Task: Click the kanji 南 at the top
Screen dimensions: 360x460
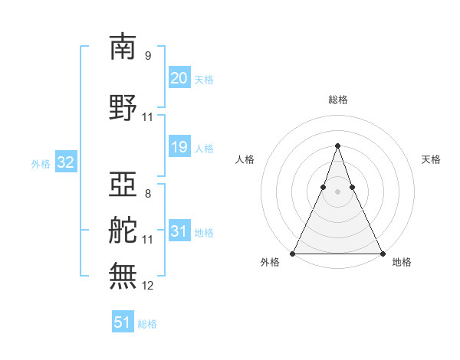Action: (123, 47)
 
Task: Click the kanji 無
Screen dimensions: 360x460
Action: (123, 277)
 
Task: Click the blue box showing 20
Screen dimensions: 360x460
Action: (179, 78)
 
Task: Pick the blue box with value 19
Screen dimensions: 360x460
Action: (179, 148)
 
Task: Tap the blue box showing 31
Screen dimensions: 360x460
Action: (179, 232)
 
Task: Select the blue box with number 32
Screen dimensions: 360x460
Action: (65, 162)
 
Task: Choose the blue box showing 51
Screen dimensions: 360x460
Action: (123, 322)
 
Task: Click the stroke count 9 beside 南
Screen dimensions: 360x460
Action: (148, 56)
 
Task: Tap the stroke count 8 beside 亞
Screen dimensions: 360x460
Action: (148, 194)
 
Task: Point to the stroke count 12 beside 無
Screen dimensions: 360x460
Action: (148, 286)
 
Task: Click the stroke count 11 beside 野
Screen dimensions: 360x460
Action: (148, 117)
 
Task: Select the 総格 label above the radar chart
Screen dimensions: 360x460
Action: (338, 100)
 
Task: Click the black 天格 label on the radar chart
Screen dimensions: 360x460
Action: (432, 159)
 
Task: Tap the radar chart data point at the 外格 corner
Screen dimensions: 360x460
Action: (293, 253)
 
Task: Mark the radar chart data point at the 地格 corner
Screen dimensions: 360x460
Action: (382, 253)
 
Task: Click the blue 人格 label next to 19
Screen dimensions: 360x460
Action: (204, 149)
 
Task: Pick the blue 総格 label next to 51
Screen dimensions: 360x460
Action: (147, 324)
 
